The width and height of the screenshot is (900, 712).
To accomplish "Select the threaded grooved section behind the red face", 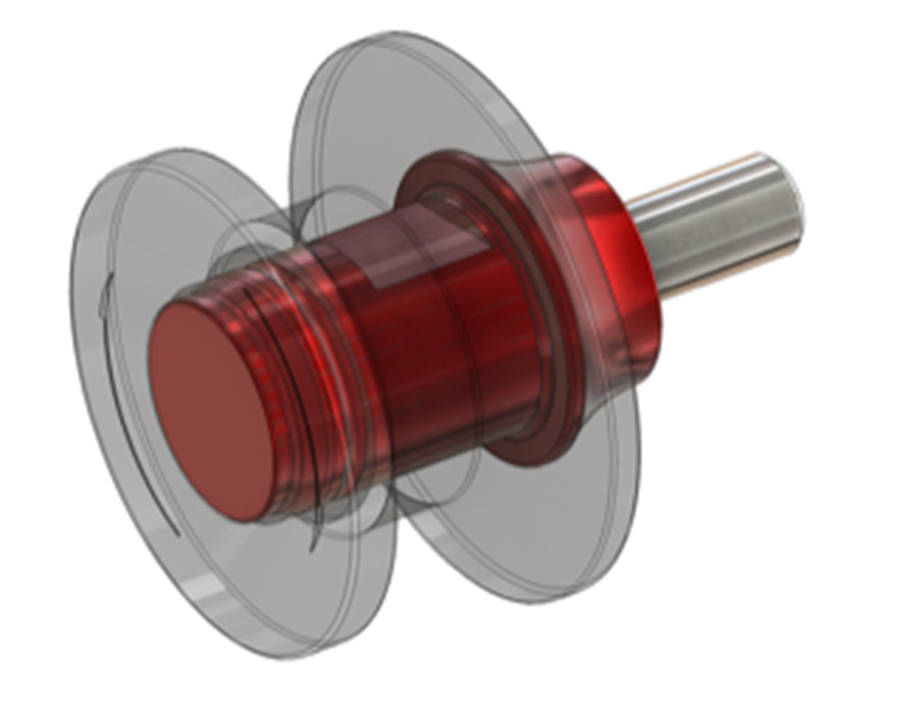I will click(293, 349).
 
